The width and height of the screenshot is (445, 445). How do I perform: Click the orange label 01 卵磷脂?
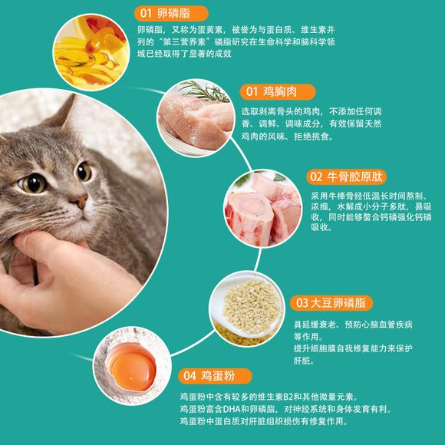pyautogui.click(x=171, y=13)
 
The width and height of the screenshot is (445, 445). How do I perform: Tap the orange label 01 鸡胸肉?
pyautogui.click(x=277, y=91)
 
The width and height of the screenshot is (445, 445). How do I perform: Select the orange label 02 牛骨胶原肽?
pyautogui.click(x=346, y=176)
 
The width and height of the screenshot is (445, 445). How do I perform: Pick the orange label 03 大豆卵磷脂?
pyautogui.click(x=331, y=303)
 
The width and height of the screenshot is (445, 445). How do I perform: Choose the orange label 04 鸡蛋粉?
pyautogui.click(x=215, y=376)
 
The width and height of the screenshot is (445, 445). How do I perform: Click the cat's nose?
pyautogui.click(x=81, y=201)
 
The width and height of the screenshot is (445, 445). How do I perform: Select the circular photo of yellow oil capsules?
pyautogui.click(x=91, y=52)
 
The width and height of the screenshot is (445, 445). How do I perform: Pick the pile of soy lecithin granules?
pyautogui.click(x=251, y=306)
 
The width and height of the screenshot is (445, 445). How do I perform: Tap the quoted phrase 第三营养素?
pyautogui.click(x=184, y=42)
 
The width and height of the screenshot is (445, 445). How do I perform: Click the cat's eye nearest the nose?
pyautogui.click(x=84, y=171)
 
